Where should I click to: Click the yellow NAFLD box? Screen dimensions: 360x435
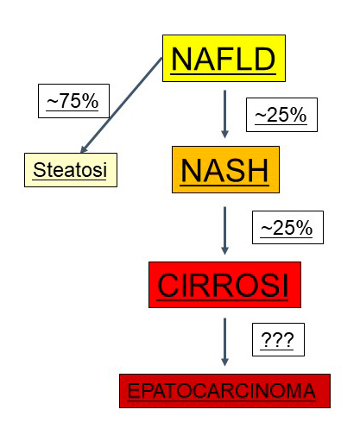tap(224, 59)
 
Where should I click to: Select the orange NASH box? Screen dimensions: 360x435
tap(225, 169)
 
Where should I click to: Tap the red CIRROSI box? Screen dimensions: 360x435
tap(224, 285)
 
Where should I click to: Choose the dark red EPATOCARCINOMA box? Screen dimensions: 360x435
tap(224, 391)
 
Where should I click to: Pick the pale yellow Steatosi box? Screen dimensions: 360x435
tap(71, 170)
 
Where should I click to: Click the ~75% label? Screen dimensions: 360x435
tap(73, 101)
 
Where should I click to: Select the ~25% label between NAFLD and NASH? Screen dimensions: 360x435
tap(281, 115)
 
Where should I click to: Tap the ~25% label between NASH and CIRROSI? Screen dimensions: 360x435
tap(287, 228)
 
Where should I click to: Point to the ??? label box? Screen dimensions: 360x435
tap(278, 339)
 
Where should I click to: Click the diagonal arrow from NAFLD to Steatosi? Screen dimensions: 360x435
tap(121, 105)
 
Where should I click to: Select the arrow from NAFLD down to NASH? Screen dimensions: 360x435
tap(224, 114)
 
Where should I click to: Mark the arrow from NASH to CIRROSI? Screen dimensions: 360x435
tap(224, 230)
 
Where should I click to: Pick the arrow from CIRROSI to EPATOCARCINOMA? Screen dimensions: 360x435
tap(224, 342)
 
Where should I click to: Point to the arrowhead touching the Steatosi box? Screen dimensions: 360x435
tap(84, 148)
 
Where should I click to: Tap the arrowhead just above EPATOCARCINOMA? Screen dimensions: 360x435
tap(224, 362)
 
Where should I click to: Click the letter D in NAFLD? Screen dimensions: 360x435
tap(264, 59)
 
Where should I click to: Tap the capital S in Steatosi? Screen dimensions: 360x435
tap(39, 169)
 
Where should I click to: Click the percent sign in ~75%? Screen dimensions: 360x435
tap(90, 101)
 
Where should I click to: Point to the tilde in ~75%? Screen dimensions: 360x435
tap(53, 102)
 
